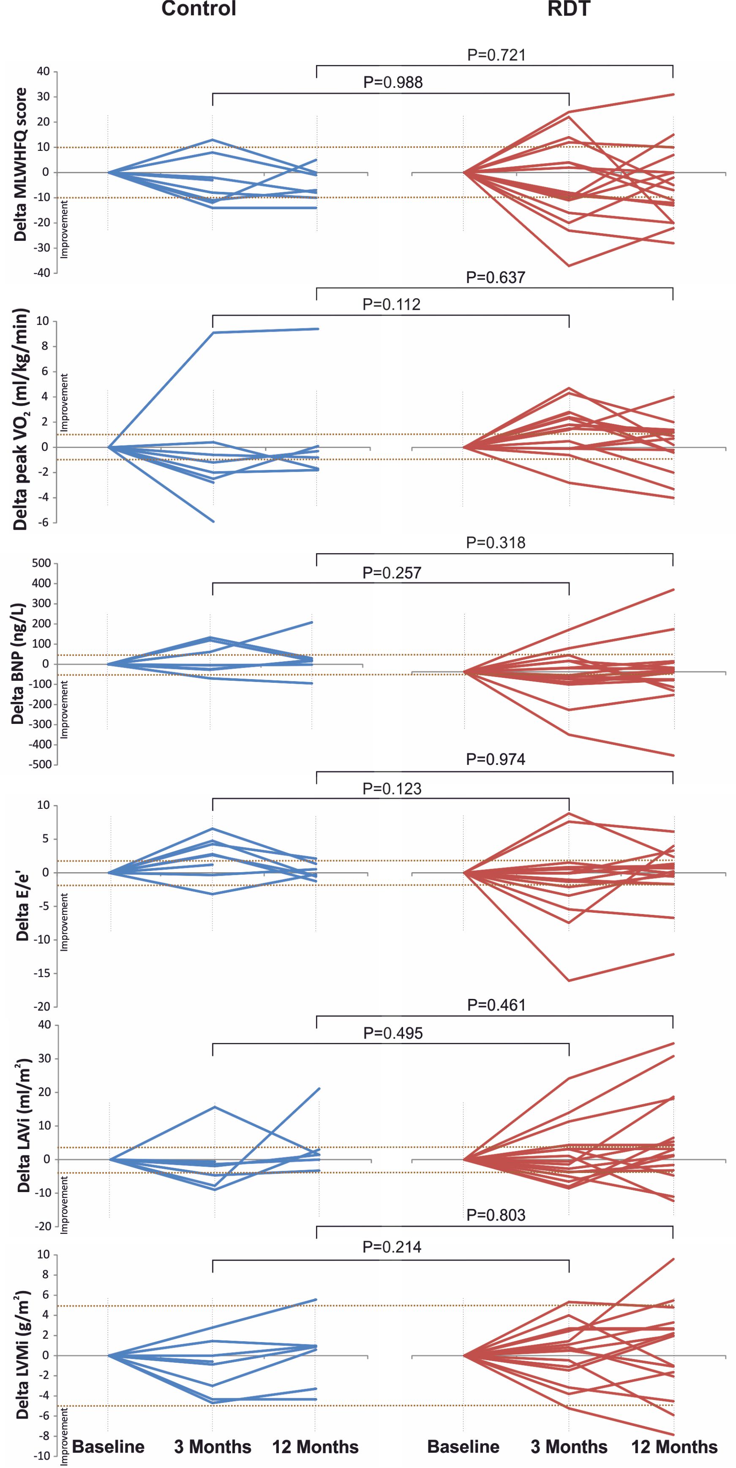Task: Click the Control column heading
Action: (x=199, y=9)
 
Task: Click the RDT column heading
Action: (x=569, y=9)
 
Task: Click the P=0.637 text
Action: (x=495, y=278)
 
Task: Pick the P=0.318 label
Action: (x=495, y=543)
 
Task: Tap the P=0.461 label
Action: (x=496, y=1005)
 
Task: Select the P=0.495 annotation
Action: (x=393, y=1033)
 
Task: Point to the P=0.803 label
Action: (x=495, y=1215)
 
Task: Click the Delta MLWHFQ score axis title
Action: (x=21, y=165)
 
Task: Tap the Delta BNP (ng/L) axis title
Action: (x=18, y=663)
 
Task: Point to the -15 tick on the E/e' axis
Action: (x=42, y=973)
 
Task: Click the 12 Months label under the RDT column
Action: (x=674, y=1447)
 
